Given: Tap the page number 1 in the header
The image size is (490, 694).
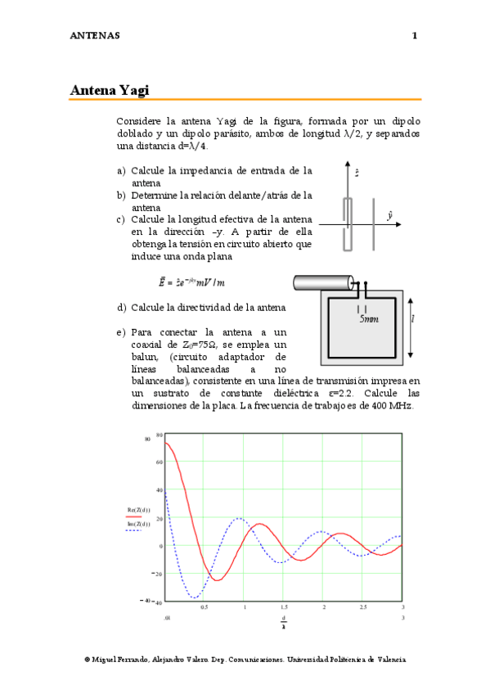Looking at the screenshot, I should pos(416,36).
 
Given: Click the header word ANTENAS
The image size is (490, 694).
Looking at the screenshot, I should pos(96,36).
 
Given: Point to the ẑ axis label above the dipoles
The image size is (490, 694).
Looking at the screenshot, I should pos(357,173).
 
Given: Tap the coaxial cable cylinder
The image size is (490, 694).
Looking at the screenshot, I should pos(321,285).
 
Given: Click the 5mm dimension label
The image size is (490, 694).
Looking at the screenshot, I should pos(369,321).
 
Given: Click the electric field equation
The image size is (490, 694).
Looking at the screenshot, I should pos(186,282).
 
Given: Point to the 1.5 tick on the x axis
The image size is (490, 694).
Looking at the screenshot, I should pos(284,606).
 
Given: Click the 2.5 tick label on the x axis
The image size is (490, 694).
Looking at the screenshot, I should pos(363,606).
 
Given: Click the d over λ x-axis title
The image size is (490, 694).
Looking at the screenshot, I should pos(284,623).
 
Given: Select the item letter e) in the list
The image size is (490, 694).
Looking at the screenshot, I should pos(121,332).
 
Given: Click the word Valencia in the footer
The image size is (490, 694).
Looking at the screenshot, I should pos(389,660).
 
